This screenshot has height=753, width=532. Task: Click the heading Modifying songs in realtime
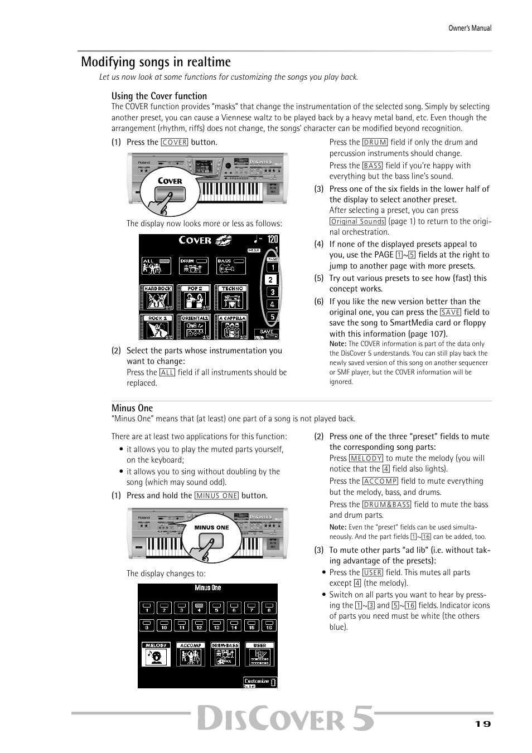coord(156,62)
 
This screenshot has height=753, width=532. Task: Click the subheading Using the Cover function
coord(159,96)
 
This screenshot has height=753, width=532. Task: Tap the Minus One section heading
coord(132,408)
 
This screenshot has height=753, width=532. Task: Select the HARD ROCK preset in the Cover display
coord(157,297)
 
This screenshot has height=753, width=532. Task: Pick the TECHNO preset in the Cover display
coord(232,297)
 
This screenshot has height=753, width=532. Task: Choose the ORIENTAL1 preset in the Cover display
coord(195,327)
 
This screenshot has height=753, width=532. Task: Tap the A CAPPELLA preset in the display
coord(232,327)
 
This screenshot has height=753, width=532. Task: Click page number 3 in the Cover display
coord(272,292)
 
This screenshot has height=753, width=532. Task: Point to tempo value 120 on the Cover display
coord(272,239)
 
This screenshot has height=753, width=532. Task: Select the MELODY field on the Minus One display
coord(156,654)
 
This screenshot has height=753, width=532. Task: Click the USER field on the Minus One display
coord(260,654)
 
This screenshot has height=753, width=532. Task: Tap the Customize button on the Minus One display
coord(260,681)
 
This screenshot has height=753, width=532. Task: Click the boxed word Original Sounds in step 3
coord(357,221)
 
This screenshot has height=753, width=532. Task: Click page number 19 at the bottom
coord(483,723)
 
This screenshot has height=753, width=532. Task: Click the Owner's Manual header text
coord(470,28)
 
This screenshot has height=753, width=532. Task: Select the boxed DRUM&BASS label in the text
coord(386,504)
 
